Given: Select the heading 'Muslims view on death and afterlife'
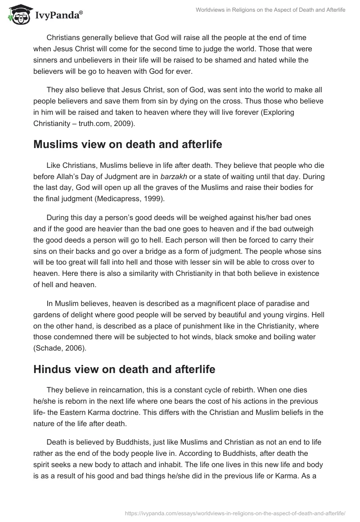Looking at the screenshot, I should click(118, 144).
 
